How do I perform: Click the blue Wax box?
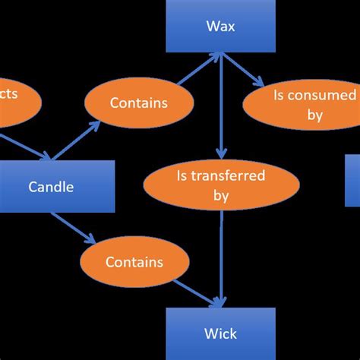(220, 27)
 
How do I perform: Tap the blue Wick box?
(220, 333)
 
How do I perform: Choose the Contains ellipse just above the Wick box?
(134, 262)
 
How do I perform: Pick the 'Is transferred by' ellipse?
(220, 186)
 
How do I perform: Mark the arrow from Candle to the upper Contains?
(80, 143)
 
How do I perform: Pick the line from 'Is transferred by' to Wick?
(221, 258)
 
